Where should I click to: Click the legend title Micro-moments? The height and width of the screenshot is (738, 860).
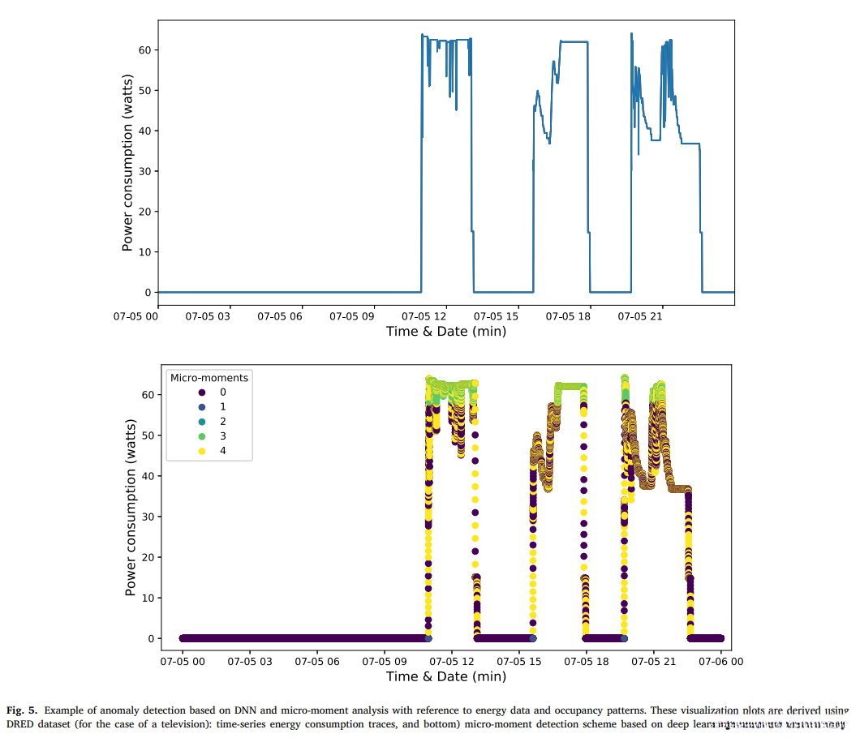[x=209, y=378]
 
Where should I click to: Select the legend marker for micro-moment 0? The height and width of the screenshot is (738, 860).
[x=178, y=393]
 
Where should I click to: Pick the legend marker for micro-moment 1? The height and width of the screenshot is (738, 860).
[x=178, y=407]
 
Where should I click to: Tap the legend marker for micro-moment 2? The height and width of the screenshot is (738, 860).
[x=178, y=422]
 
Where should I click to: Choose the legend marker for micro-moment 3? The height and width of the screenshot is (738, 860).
[x=178, y=436]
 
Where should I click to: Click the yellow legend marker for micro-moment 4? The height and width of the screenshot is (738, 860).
[x=178, y=451]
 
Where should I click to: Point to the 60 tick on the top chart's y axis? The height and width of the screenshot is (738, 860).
[x=145, y=49]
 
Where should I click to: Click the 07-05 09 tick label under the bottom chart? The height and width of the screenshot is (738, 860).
[x=385, y=661]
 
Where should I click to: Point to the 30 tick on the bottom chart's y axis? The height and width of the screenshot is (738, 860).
[x=148, y=517]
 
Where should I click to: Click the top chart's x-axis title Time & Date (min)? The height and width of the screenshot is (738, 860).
[x=445, y=331]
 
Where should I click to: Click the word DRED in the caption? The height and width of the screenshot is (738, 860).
[x=19, y=723]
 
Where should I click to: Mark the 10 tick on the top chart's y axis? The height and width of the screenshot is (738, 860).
[x=145, y=251]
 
